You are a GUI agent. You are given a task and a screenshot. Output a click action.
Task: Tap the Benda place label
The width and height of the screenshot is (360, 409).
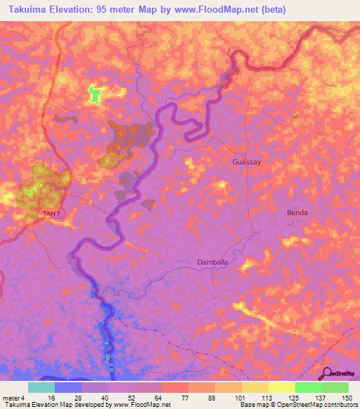click(298, 212)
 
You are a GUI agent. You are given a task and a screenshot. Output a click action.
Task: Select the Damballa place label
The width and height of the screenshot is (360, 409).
click(216, 263)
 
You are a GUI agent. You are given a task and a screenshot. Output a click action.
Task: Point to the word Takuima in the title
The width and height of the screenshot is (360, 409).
click(26, 9)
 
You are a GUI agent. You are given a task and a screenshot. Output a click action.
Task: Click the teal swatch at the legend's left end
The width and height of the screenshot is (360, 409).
click(41, 387)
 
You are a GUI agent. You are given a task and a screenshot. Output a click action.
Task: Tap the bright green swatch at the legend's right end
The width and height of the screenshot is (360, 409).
click(335, 387)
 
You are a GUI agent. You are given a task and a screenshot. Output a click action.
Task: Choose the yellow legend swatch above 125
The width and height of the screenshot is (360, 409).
click(281, 387)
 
